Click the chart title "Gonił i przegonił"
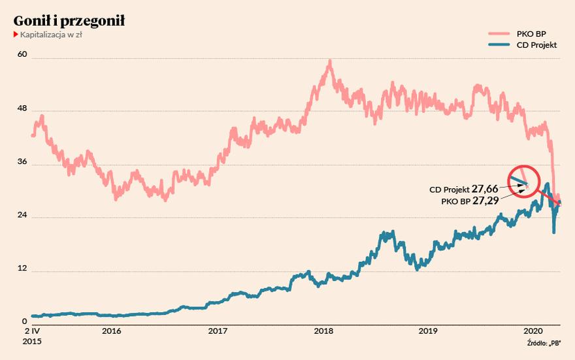[x=69, y=21]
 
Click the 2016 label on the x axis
[x=111, y=331]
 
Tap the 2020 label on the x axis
[x=534, y=331]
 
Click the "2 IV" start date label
[x=22, y=331]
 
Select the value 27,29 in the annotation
[x=486, y=201]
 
